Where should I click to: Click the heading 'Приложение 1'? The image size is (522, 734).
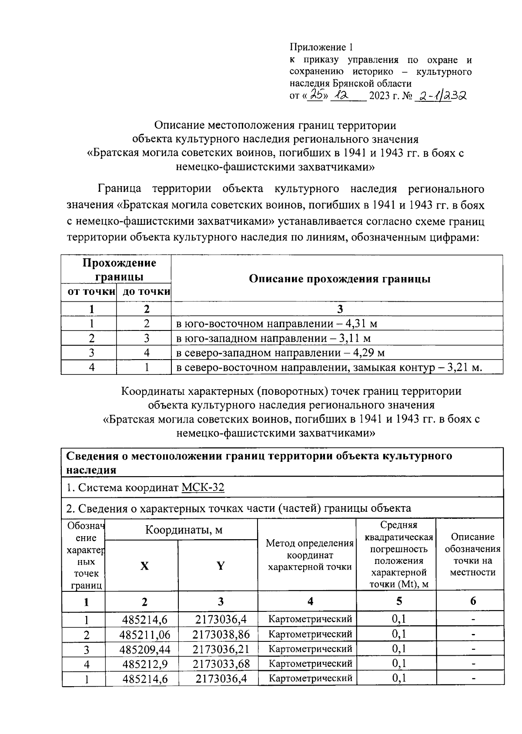click(x=322, y=47)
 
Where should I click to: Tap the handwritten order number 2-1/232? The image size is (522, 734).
click(x=440, y=95)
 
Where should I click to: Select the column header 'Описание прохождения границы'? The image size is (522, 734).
click(x=339, y=279)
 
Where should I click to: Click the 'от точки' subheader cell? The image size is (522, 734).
click(x=90, y=292)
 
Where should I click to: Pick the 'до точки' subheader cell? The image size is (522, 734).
click(x=145, y=292)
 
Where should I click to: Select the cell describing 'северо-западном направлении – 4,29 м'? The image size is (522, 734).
click(x=280, y=353)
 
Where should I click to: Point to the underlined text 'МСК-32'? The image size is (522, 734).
click(x=203, y=487)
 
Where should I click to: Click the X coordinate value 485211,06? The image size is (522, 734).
click(x=145, y=635)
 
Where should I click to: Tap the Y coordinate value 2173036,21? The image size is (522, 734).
click(x=221, y=649)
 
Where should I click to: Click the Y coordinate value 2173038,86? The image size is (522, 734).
click(x=221, y=635)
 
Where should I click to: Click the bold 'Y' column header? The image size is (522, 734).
click(x=221, y=566)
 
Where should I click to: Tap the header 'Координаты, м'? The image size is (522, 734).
click(x=183, y=530)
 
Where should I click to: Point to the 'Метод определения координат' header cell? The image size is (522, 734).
click(x=310, y=555)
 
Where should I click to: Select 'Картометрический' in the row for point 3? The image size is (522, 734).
click(x=310, y=649)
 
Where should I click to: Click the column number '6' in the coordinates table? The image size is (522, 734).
click(x=473, y=601)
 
